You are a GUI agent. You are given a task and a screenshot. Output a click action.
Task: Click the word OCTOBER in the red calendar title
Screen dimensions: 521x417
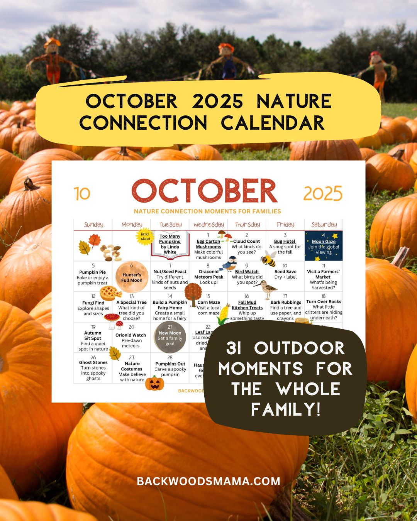coord(205,191)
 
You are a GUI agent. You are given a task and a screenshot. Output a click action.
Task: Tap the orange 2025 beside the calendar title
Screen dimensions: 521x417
coord(323,193)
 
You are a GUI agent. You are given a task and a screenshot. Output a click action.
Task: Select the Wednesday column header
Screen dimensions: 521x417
coord(208,225)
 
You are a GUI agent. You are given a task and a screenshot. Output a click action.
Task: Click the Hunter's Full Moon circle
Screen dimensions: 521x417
coord(132,277)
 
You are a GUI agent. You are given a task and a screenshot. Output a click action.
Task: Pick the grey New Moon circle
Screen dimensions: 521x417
coord(170,337)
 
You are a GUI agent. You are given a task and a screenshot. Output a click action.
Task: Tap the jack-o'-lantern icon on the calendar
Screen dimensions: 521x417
coord(155,383)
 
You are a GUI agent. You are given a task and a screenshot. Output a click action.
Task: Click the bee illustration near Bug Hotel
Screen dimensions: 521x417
coord(269,259)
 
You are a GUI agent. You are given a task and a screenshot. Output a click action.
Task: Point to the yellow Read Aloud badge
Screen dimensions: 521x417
coord(145,236)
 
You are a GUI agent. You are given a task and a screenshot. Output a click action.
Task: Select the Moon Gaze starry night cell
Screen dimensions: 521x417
coord(324,246)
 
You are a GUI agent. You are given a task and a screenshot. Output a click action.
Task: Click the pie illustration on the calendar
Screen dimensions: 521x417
coord(111,293)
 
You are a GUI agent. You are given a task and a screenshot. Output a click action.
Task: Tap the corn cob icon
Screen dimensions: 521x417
coord(223,315)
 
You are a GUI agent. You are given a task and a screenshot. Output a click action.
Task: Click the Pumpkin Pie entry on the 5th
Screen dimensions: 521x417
coord(92,277)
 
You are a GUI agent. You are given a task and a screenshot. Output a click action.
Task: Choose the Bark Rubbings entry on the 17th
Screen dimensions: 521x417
coord(286,308)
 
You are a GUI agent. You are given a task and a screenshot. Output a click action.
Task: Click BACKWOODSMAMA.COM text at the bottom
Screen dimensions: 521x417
coord(208,481)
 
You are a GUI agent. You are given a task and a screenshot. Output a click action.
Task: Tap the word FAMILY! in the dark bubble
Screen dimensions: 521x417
coord(285,409)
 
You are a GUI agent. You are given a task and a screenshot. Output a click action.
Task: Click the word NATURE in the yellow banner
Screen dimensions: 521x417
coord(294,101)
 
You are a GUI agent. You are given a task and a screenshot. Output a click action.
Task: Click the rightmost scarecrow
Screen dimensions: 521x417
coord(378,73)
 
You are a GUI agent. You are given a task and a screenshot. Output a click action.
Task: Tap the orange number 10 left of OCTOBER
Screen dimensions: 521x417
coord(82,194)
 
